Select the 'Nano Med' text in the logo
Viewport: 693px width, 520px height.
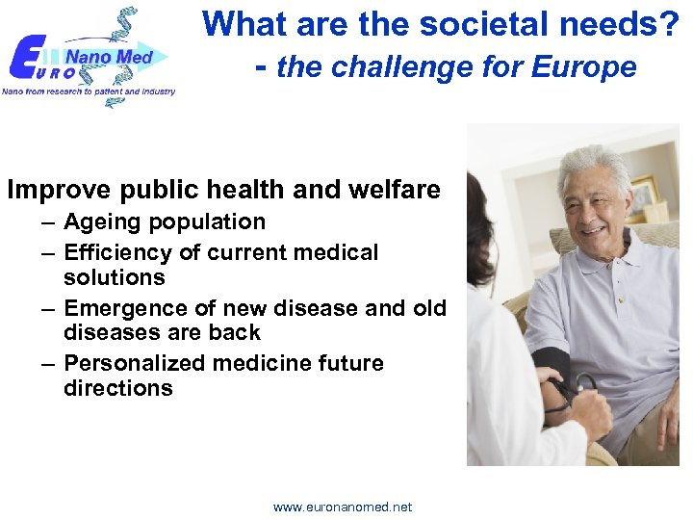click(108, 57)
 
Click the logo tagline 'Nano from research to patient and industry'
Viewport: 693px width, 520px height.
click(89, 91)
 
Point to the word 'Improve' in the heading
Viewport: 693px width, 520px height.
click(54, 190)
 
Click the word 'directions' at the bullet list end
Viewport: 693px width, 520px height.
click(117, 388)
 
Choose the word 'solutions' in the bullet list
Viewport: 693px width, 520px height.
click(114, 277)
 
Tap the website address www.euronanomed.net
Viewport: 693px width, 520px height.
click(342, 507)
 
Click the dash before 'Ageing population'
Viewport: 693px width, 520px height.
click(48, 222)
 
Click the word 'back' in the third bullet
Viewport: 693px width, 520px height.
click(235, 332)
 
